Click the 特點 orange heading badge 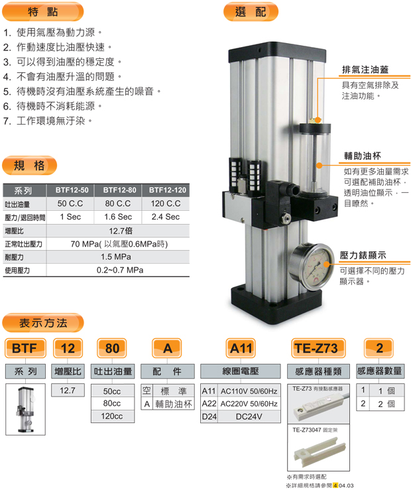point(43,12)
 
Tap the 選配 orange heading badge point(251,12)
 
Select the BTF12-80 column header point(119,190)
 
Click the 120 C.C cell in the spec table point(166,204)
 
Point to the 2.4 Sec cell point(166,217)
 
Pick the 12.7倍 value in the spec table point(121,231)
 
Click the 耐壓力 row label point(15,257)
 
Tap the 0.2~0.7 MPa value point(120,270)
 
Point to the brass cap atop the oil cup point(318,120)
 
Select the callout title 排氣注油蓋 point(365,70)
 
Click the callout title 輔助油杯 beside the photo point(363,156)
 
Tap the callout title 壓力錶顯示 point(363,255)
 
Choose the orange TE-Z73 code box point(318,348)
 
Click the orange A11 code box point(241,348)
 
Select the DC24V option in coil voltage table point(249,416)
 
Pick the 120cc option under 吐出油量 point(112,416)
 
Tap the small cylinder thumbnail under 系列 point(25,409)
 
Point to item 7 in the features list point(48,121)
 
